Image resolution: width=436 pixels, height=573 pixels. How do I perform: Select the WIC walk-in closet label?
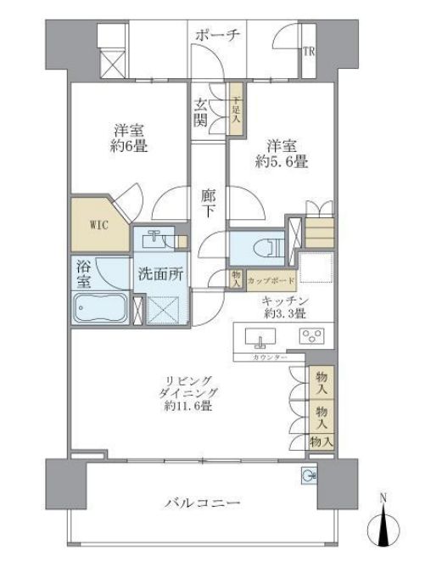(x=100, y=226)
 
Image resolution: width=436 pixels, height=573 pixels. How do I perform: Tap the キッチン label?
(x=285, y=301)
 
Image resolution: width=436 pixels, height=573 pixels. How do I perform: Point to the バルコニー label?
(x=202, y=504)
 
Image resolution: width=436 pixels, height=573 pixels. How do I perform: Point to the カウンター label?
(x=268, y=357)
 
